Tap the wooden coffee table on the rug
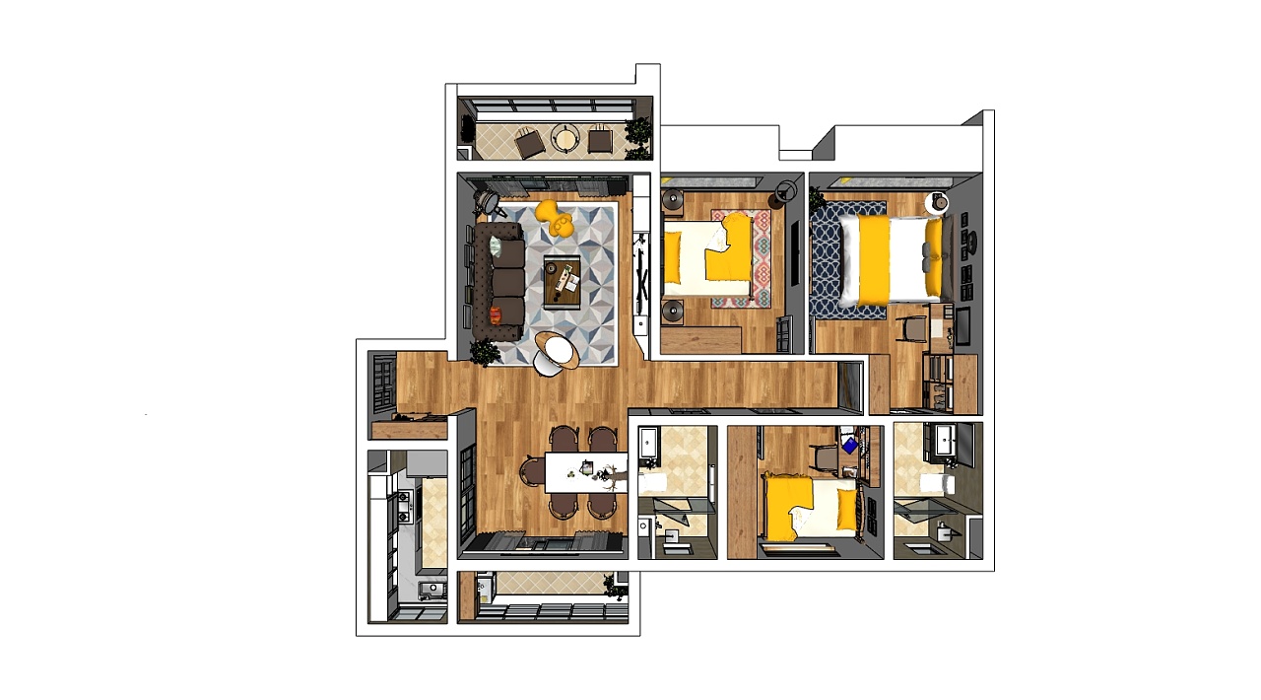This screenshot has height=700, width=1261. click(562, 281)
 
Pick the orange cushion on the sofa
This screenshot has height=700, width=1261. click(495, 314)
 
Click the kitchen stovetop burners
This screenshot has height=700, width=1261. click(403, 507)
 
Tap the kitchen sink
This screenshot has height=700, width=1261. click(431, 590)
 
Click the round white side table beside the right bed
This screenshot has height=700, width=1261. click(940, 202)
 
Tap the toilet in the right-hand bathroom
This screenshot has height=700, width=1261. click(939, 484)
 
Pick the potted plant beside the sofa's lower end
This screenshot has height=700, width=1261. click(485, 353)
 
